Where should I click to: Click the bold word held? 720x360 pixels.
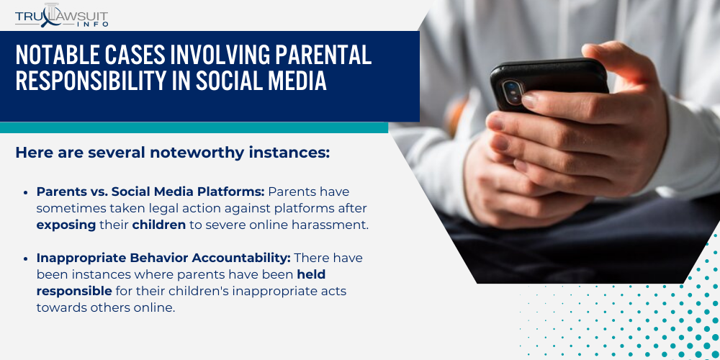312,274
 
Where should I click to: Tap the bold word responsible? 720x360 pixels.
74,290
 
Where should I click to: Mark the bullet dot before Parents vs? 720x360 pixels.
27,192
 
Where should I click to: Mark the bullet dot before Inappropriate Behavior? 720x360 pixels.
27,258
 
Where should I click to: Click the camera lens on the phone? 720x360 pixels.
512,89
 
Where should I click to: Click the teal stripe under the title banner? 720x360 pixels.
194,127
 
